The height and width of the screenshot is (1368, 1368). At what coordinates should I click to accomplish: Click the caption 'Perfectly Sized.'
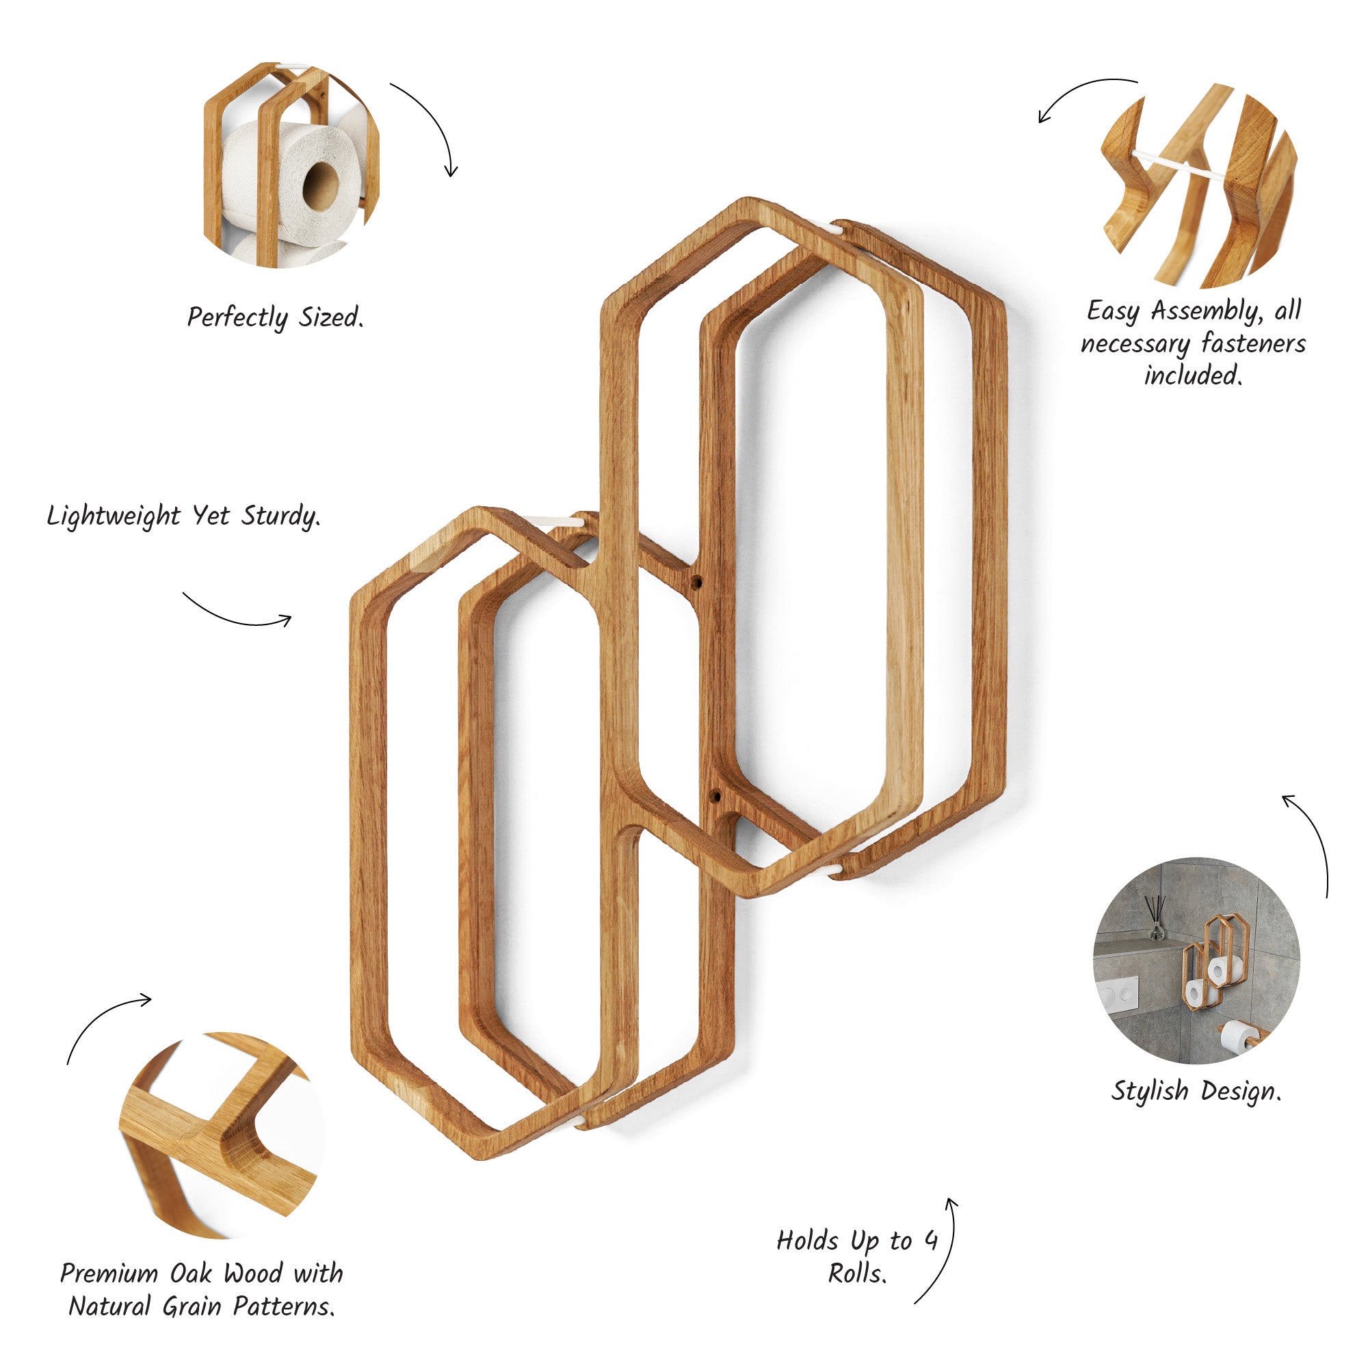(x=276, y=317)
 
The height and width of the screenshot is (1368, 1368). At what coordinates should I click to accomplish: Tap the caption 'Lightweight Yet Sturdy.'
(x=183, y=516)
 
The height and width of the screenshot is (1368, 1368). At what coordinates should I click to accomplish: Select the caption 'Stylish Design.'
(x=1196, y=1091)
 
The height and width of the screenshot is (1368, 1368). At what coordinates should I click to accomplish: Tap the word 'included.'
(x=1193, y=375)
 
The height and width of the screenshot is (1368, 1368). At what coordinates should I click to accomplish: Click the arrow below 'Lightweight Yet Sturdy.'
(x=238, y=615)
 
